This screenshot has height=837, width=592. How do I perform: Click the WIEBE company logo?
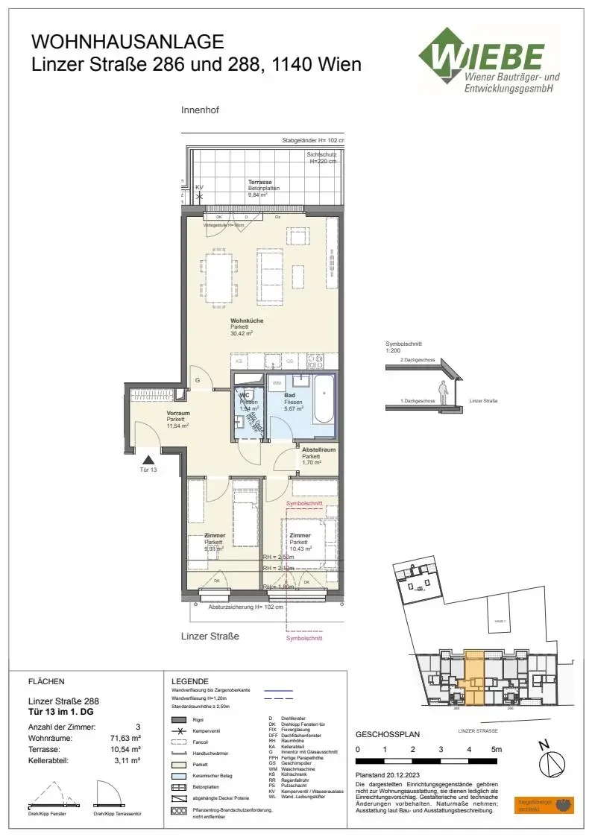point(488,61)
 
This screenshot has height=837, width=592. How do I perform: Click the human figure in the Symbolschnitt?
point(443,391)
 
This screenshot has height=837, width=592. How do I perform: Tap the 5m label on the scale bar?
point(497,749)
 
